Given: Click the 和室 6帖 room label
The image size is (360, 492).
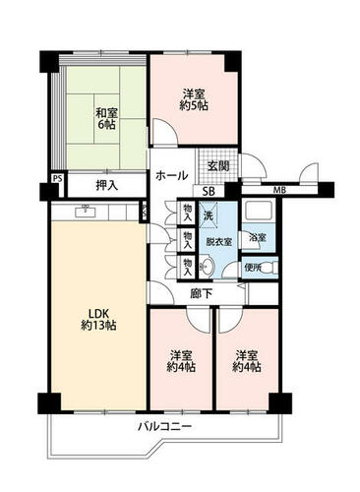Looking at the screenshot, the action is [106, 118].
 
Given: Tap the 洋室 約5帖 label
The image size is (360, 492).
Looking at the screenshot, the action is [194, 99].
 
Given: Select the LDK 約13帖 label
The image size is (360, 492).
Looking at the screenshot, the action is [98, 319].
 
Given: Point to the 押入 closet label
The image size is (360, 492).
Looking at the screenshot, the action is [106, 186].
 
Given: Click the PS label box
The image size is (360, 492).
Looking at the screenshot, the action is [58, 179].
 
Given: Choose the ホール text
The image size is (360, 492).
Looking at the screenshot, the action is [171, 175].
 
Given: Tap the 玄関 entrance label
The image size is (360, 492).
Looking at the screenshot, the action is [217, 166].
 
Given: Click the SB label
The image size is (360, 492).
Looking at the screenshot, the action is [209, 191].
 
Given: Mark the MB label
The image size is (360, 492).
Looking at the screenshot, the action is [279, 190].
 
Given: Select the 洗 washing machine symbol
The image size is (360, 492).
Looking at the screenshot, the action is [209, 215].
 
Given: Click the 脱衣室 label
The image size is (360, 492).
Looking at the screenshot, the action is [218, 242].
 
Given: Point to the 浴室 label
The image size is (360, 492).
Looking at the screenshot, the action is [257, 237].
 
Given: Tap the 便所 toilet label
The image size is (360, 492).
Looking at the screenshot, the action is [253, 268].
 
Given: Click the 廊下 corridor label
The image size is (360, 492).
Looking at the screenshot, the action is [202, 293].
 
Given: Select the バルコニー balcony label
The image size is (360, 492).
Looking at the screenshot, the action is [164, 427].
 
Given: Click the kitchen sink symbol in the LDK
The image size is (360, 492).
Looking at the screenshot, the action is [86, 212].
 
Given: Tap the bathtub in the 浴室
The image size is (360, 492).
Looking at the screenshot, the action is [258, 211].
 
